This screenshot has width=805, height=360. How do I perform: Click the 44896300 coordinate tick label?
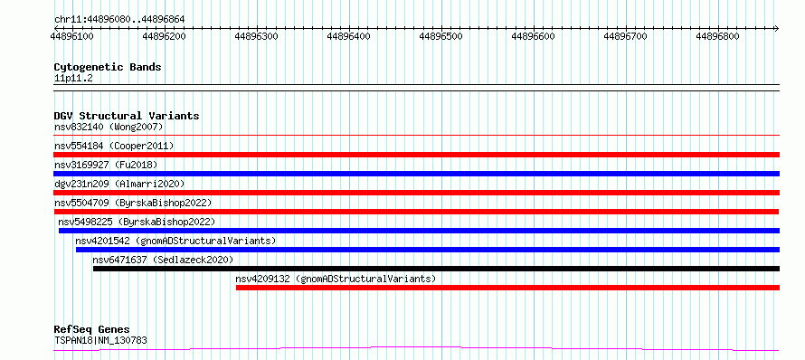point(256,36)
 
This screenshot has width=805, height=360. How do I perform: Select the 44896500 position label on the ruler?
point(440,36)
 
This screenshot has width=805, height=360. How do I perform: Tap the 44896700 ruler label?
point(625,36)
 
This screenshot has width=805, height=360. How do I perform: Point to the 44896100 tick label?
point(71,36)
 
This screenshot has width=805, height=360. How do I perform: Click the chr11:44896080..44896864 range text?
point(119,20)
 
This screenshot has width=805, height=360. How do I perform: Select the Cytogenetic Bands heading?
point(108,67)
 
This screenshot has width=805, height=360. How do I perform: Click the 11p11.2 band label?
point(73,79)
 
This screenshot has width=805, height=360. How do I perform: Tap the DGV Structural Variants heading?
point(127,116)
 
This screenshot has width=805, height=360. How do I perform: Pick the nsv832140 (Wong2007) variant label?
point(109,127)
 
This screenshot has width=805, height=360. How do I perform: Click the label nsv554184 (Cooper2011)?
point(114,146)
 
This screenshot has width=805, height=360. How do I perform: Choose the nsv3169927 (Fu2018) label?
point(106,165)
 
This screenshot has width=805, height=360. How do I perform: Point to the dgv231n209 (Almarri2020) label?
point(119,184)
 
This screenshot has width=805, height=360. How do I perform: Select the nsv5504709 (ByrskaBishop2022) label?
point(133,203)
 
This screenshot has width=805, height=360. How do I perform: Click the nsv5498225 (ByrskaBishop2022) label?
point(137,222)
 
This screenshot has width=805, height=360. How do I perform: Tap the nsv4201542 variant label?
point(175,241)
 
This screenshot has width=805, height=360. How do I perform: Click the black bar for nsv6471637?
point(436,269)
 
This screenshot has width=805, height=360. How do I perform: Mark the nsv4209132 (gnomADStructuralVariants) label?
point(336,279)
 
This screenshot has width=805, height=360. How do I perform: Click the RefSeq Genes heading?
point(92,330)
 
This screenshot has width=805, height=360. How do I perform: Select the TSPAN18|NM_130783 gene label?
point(100,340)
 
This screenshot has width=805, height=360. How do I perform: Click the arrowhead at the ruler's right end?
point(777,28)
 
